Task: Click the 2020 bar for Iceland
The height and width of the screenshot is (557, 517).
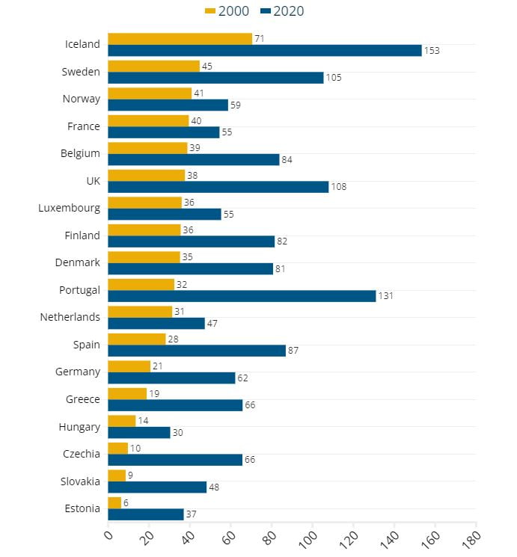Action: [x=265, y=51]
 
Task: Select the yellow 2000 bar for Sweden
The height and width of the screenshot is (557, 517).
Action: [x=154, y=66]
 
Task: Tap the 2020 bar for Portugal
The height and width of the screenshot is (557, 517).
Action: [x=242, y=296]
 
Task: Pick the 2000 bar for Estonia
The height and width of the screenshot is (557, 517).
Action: [x=114, y=502]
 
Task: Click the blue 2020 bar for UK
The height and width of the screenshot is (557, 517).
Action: [x=218, y=187]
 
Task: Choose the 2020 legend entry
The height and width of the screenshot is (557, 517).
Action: [x=283, y=11]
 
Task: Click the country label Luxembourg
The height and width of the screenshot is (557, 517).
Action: [x=69, y=208]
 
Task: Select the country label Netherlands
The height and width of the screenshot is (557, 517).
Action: [x=70, y=317]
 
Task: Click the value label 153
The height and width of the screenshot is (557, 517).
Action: [x=432, y=51]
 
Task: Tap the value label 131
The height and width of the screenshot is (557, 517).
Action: [x=386, y=296]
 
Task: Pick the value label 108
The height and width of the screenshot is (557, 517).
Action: [x=339, y=187]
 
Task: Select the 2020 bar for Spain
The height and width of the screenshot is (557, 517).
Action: [x=197, y=351]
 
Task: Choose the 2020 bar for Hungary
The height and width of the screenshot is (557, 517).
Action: [x=139, y=432]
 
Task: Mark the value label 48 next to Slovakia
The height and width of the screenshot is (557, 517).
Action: [x=214, y=487]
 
